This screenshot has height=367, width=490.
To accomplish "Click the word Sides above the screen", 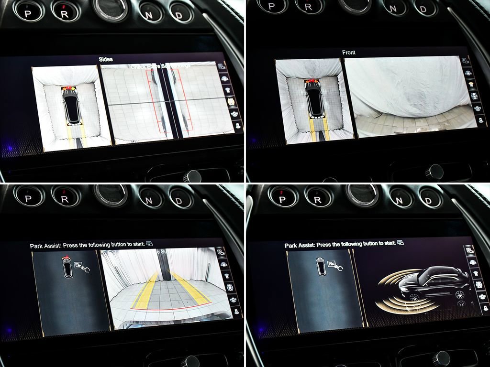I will (x=105, y=59).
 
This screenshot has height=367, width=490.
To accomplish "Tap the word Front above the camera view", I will (x=349, y=53).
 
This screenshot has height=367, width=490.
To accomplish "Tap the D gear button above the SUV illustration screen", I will (x=430, y=197).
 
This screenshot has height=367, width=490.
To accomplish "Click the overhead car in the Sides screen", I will (x=72, y=105).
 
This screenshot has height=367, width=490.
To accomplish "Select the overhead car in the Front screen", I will (x=314, y=98).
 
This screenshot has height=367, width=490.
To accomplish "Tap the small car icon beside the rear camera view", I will (x=67, y=268).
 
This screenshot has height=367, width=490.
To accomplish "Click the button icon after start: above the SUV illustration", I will (x=400, y=243).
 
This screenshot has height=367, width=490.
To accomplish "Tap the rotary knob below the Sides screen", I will (x=193, y=176).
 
